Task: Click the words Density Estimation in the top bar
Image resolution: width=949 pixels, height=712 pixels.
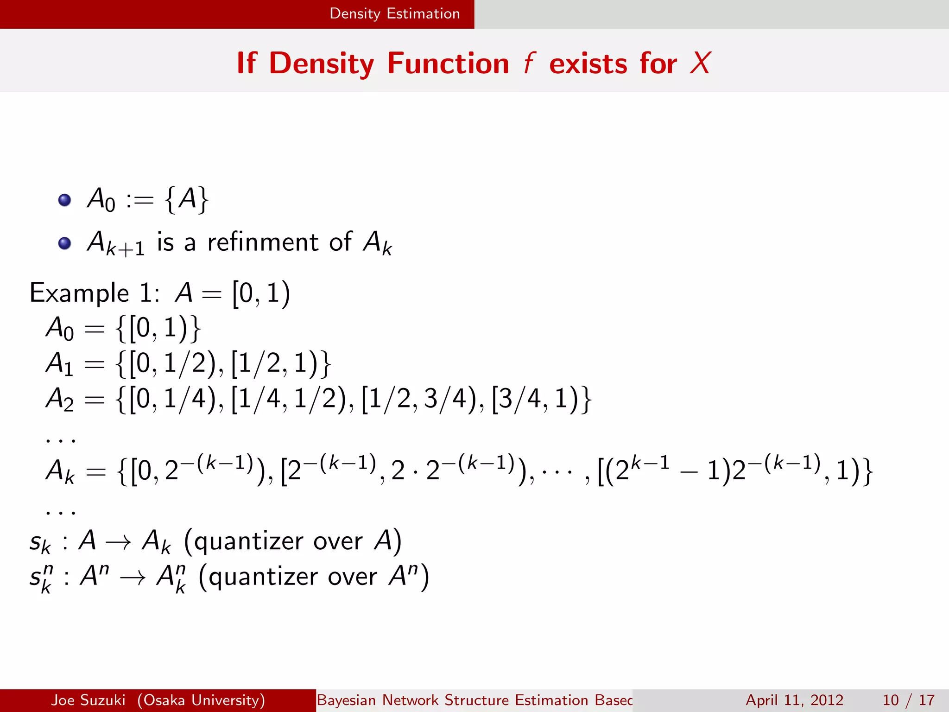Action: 394,14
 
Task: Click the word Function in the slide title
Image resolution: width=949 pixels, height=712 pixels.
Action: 448,64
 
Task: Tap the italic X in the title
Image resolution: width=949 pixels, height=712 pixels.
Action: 700,64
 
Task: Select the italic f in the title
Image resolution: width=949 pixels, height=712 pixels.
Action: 529,64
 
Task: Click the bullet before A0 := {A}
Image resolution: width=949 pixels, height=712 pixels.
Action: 64,200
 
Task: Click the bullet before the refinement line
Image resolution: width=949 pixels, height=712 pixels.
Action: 64,243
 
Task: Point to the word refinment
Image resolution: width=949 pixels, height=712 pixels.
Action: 263,242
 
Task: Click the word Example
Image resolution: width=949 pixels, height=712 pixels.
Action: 79,293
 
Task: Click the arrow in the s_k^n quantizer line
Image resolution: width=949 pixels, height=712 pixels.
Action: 133,578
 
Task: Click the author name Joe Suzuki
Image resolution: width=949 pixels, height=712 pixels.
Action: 88,700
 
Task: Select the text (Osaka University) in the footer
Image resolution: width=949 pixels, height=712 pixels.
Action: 201,700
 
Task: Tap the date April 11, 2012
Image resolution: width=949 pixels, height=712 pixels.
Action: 794,700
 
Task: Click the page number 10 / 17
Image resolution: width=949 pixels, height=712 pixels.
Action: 908,700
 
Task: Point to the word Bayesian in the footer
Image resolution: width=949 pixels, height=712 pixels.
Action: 346,700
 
